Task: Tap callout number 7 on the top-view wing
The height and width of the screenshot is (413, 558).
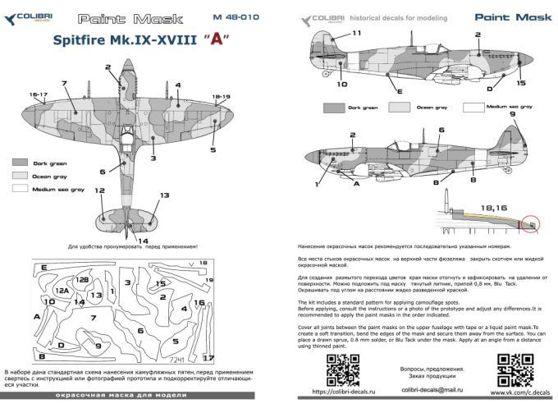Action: (x=63, y=83)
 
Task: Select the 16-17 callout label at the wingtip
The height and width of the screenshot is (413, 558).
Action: (x=39, y=96)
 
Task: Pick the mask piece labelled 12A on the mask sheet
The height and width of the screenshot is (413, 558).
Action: (x=62, y=291)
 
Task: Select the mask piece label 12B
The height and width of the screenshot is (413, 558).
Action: (x=83, y=281)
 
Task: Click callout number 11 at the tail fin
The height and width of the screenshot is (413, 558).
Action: (x=356, y=33)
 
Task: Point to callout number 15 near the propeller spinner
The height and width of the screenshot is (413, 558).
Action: (x=520, y=83)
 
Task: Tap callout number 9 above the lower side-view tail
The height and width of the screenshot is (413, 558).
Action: (x=513, y=115)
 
